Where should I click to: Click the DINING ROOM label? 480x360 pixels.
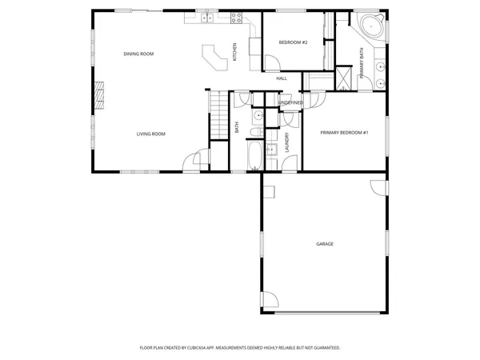point(138,54)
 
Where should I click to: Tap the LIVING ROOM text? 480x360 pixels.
point(150,134)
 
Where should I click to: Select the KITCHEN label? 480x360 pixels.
point(234,52)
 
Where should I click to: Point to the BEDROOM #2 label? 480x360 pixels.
point(293,42)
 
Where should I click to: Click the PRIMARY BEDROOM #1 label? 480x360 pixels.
point(343,132)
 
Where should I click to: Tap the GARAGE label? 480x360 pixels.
point(324,244)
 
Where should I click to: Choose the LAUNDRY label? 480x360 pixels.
point(286,142)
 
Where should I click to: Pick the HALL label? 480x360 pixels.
point(282,78)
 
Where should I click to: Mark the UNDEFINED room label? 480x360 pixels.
point(290,103)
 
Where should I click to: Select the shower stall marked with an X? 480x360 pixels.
point(343,77)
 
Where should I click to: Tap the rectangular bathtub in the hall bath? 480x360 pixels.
point(253,157)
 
